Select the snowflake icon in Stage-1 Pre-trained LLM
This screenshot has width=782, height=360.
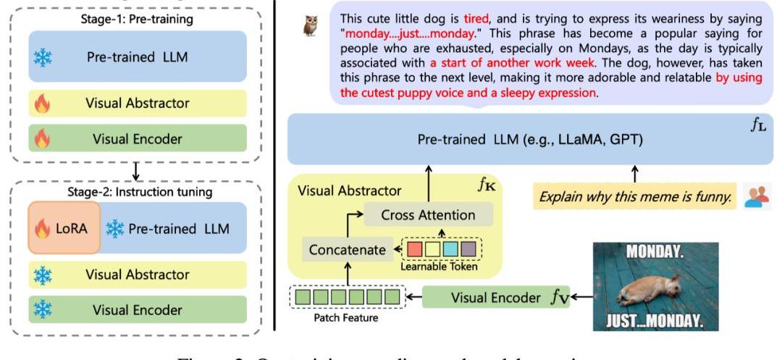[43, 59]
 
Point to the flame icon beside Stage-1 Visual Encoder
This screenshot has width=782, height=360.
[43, 138]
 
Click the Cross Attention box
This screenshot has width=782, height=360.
[428, 214]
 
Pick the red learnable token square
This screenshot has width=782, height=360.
[415, 249]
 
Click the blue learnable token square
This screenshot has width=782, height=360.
[450, 249]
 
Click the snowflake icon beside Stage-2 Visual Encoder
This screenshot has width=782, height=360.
[43, 309]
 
